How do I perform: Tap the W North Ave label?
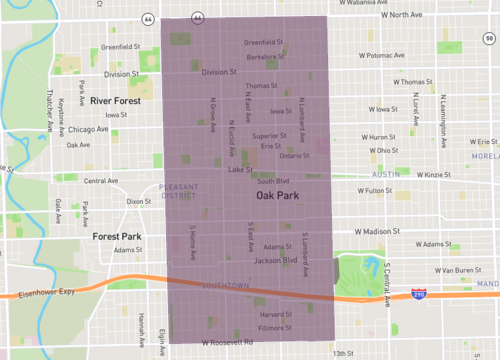click(x=388, y=15)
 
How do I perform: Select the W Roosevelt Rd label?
click(x=227, y=342)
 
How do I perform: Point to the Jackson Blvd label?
click(x=276, y=261)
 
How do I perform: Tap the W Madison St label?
click(x=375, y=230)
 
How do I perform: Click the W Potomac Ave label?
click(x=380, y=56)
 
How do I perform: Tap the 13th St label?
click(x=344, y=353)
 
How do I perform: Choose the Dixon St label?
click(x=139, y=201)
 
